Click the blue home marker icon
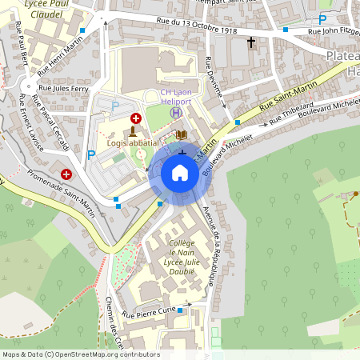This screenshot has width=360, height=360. coord(180,173)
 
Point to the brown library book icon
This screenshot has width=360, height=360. coord(182,135)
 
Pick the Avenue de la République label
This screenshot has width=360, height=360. coord(213,245)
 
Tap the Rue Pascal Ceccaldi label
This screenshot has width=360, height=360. coord(50,122)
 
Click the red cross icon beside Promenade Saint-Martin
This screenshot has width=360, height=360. coord(66,174)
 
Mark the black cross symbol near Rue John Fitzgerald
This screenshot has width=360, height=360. coord(251,42)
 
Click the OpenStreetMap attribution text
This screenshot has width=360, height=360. coord(81,354)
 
